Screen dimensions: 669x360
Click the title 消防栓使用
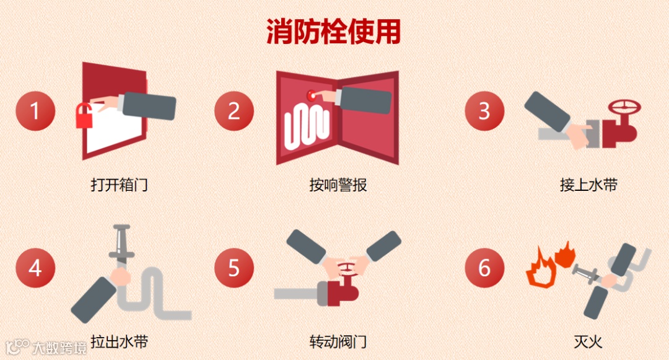(x=333, y=31)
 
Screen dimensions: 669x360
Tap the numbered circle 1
(x=35, y=111)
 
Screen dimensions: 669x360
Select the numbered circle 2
(x=234, y=111)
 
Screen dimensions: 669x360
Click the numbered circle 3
(x=484, y=111)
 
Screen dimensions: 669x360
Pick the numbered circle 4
(x=35, y=268)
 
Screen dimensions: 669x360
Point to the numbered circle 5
(x=234, y=268)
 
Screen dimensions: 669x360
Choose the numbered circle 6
(x=484, y=268)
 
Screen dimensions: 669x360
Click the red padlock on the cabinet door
(x=84, y=116)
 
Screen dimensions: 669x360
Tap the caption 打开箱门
(x=119, y=185)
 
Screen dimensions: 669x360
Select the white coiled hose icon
(x=307, y=128)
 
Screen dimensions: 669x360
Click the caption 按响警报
(x=338, y=185)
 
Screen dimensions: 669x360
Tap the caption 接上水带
(x=588, y=185)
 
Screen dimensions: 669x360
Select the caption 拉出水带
(x=119, y=341)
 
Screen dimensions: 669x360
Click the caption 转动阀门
(x=338, y=341)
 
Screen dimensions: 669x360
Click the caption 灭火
(x=588, y=341)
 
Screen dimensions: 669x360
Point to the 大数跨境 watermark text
(x=59, y=348)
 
